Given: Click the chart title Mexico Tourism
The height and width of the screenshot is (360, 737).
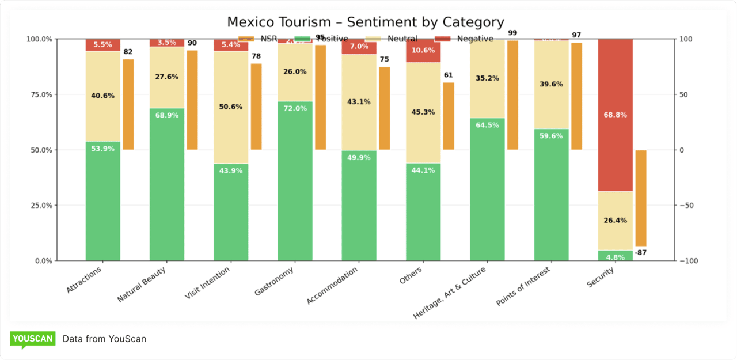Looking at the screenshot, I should (365, 22).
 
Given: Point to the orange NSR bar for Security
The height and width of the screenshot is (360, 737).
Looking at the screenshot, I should (641, 198).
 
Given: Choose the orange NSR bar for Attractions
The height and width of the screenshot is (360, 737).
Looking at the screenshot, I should (128, 104).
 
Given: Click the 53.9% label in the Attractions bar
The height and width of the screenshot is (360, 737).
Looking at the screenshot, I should (102, 149).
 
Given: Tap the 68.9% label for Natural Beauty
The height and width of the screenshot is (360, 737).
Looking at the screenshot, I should (167, 115).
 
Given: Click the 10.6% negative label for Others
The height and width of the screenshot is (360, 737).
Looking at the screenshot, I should (423, 50).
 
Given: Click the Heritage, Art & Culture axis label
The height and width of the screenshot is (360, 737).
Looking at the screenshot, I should (450, 293).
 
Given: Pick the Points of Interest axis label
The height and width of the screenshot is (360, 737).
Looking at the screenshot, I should (523, 287).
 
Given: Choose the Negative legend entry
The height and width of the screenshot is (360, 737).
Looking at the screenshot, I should (474, 39).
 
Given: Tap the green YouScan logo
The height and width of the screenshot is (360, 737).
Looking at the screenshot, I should (32, 339).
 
